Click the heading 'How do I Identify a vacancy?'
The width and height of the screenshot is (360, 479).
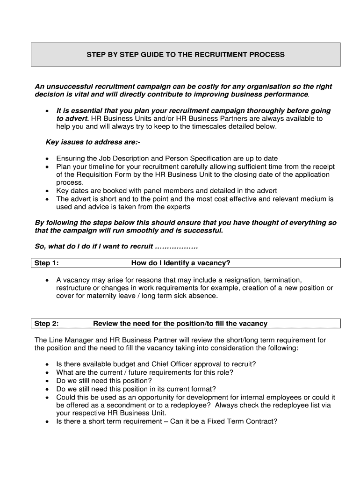[180, 263]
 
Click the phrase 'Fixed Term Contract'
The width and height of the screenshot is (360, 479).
[245, 421]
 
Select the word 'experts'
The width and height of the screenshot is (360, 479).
[176, 207]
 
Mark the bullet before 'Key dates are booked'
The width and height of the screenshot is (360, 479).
[47, 191]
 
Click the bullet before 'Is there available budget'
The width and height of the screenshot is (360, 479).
[47, 364]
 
